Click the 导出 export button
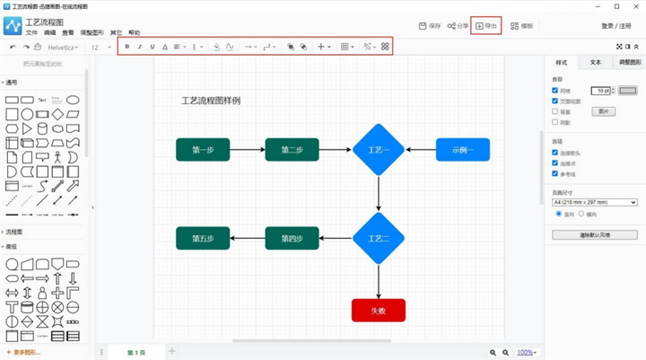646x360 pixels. point(485,26)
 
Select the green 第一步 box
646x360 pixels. point(203,150)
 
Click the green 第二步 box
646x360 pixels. point(292,150)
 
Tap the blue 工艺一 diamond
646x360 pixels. point(379,150)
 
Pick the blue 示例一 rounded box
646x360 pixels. point(462,150)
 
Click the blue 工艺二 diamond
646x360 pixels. point(379,238)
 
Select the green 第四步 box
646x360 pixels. point(292,238)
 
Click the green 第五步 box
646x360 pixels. point(203,238)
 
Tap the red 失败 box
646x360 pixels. point(379,311)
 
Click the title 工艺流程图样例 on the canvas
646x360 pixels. point(211,101)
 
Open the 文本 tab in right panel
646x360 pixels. point(595,63)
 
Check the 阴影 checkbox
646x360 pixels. point(554,124)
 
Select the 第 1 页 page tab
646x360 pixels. point(136,352)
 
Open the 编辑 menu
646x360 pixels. point(49,32)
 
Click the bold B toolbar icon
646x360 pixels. point(127,46)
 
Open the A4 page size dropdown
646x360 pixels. point(594,203)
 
